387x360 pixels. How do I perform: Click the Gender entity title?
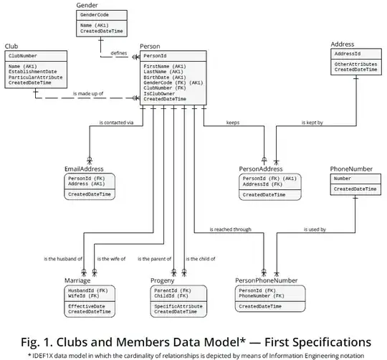click(87, 5)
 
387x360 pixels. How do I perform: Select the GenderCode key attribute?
click(95, 14)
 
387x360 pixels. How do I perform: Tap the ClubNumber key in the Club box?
click(24, 55)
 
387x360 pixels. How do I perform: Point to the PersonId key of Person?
click(156, 55)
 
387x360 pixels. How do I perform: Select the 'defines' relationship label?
click(119, 52)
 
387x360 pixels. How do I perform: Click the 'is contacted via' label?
click(117, 122)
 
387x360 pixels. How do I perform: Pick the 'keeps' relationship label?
click(233, 122)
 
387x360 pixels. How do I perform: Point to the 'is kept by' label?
click(312, 122)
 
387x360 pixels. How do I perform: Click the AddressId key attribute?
click(348, 54)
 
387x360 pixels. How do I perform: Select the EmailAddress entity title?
click(84, 169)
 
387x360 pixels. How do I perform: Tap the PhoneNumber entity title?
click(351, 169)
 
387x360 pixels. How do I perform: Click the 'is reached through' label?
click(230, 229)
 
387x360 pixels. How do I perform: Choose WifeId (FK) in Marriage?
click(82, 296)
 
